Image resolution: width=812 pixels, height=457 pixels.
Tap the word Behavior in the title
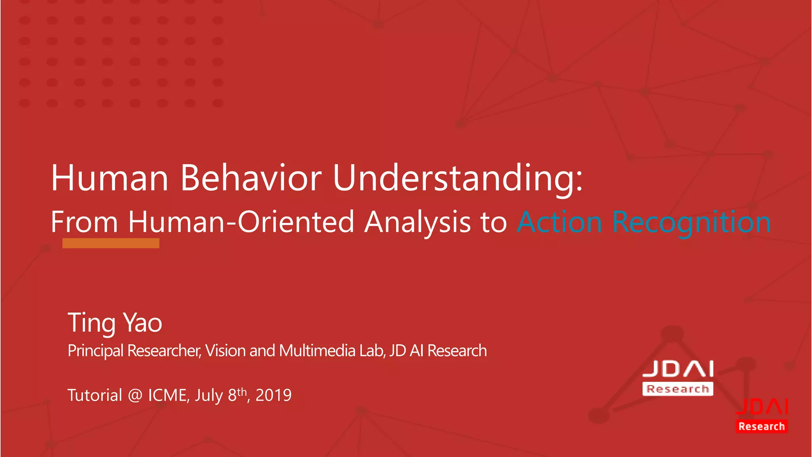[251, 178]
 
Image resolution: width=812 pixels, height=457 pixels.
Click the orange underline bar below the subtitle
[111, 243]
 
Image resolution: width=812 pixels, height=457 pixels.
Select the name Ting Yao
[115, 323]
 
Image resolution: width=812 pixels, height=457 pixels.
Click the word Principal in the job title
[96, 351]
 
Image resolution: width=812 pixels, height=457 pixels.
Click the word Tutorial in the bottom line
[95, 396]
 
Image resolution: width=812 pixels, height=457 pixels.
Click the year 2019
[274, 396]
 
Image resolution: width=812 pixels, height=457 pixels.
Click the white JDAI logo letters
[678, 369]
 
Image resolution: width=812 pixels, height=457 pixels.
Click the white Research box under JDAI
[678, 389]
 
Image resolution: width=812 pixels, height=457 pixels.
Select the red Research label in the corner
[761, 426]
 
